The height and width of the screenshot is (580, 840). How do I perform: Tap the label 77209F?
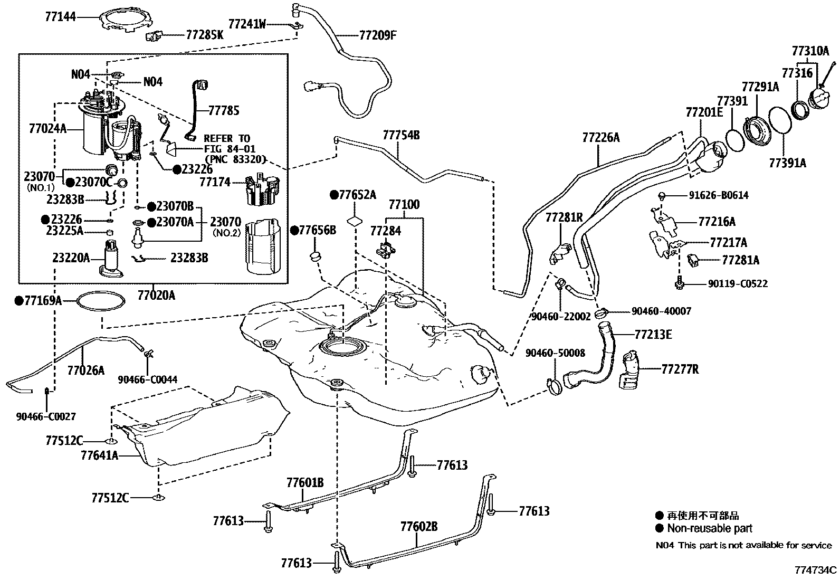(377, 35)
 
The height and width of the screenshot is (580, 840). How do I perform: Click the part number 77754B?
(401, 135)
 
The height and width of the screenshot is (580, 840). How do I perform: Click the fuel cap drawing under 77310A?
(820, 99)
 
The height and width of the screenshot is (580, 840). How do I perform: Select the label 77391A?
(787, 163)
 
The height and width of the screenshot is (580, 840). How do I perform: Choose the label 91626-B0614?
(718, 195)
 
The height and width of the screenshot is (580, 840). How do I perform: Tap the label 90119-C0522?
(737, 284)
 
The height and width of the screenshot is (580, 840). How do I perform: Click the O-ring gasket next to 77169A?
(101, 301)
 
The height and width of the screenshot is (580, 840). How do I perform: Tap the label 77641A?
(99, 455)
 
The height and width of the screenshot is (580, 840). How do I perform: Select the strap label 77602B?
(419, 526)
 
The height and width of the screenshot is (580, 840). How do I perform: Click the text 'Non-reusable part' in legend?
(710, 528)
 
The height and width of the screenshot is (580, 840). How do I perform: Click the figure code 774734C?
(816, 570)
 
